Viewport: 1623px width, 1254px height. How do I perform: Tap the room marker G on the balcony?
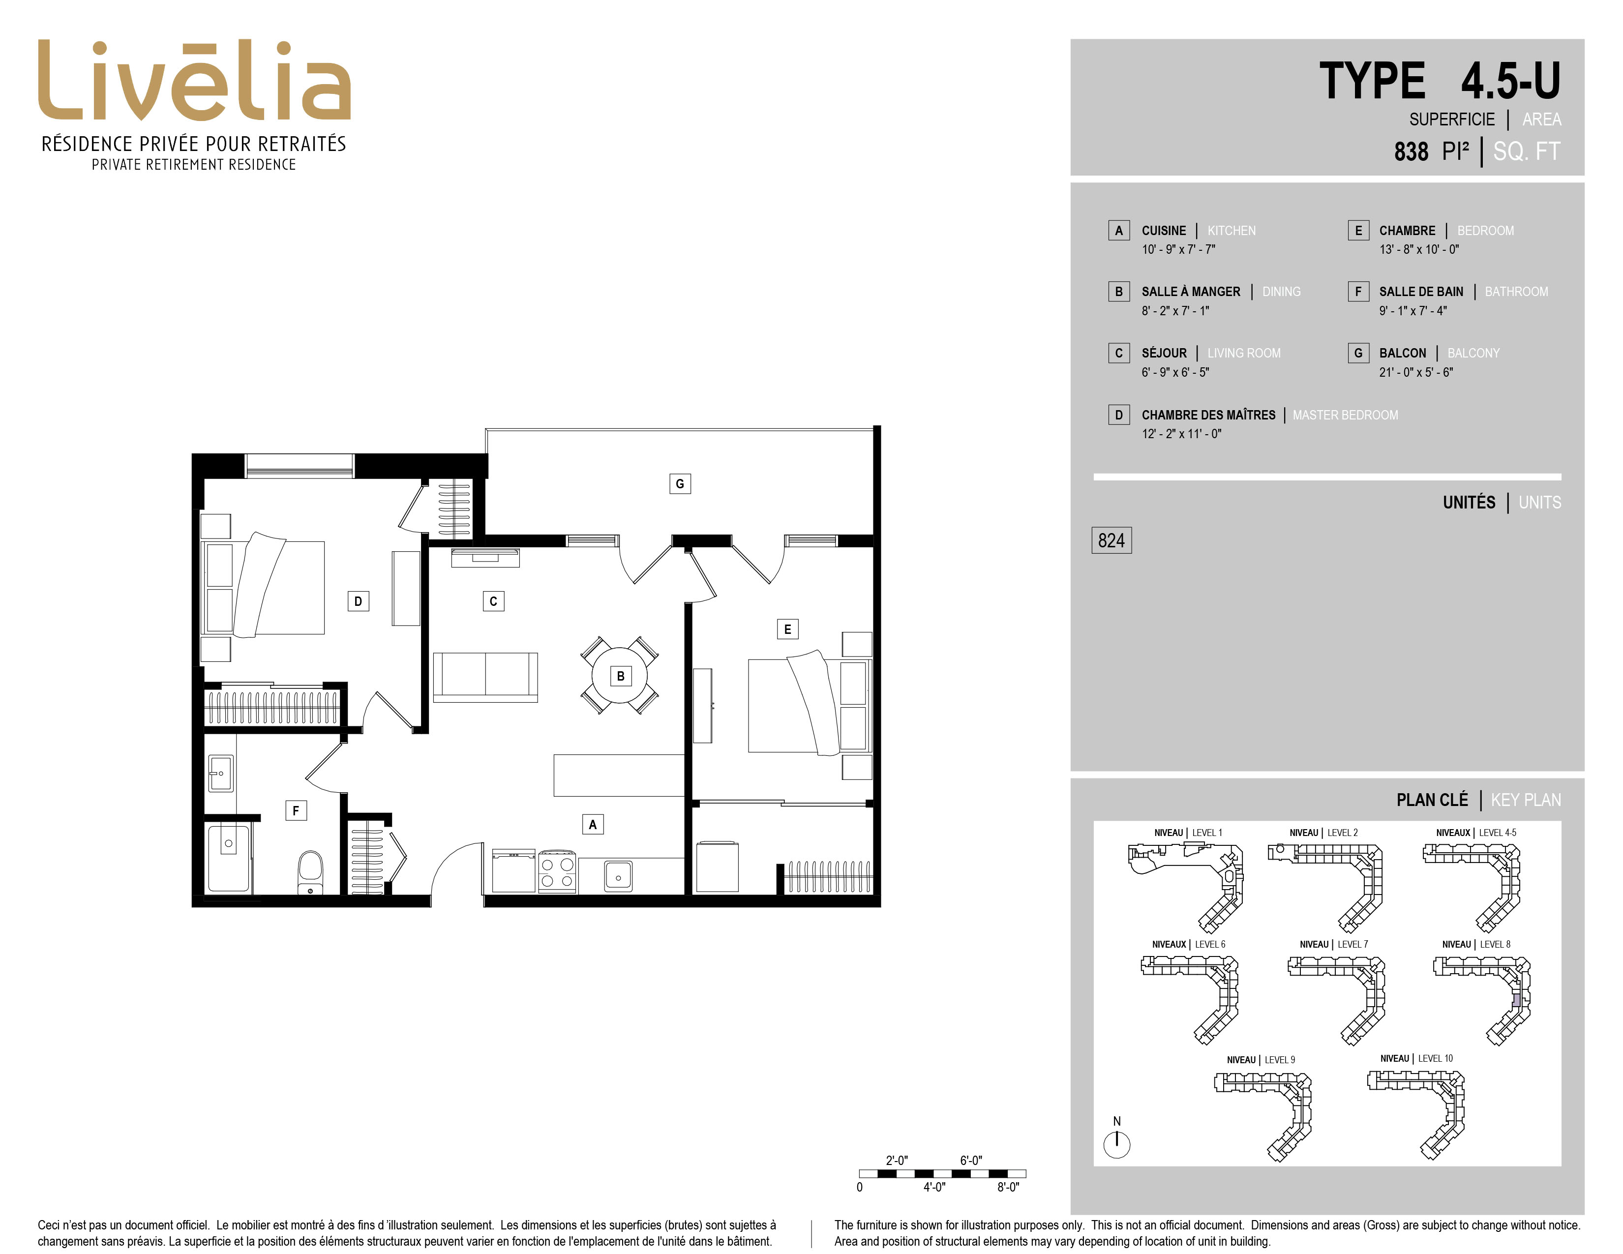coord(679,483)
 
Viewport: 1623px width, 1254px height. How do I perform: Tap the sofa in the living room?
coord(485,677)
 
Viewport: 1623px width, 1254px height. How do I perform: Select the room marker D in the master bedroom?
coord(358,601)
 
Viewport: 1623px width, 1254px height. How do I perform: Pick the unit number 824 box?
coord(1111,540)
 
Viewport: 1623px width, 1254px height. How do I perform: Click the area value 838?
coord(1411,151)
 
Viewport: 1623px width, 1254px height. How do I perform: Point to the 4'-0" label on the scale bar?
coord(934,1187)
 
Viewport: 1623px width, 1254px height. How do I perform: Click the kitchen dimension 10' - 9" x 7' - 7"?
coord(1178,250)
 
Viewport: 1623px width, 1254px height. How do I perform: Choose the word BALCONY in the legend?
coord(1473,353)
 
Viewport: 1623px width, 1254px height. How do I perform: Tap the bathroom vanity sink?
coord(220,774)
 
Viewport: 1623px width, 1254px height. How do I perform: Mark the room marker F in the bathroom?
coord(296,810)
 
